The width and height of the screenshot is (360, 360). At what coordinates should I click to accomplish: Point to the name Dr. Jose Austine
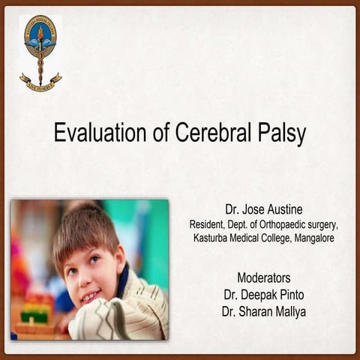[263, 208]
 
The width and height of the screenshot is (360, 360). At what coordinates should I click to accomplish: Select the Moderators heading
[263, 277]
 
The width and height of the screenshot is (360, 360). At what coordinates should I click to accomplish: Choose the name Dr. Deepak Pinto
[263, 292]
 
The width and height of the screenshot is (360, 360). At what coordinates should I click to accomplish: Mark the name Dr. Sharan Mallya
[263, 308]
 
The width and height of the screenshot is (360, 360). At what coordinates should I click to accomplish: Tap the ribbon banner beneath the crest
[40, 80]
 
